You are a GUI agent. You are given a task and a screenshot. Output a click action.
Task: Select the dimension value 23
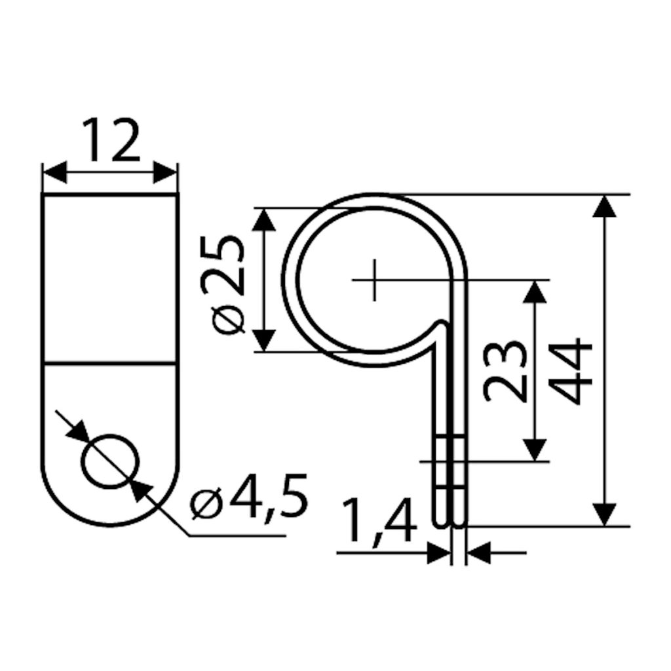[504, 372]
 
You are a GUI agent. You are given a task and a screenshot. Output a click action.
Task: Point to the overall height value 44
[571, 371]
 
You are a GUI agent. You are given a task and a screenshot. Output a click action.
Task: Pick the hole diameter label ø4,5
[249, 497]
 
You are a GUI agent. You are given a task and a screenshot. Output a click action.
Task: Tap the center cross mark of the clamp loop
[374, 280]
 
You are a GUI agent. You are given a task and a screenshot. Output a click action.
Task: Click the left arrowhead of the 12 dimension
[55, 172]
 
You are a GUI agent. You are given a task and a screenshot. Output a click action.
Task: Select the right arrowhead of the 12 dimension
[165, 172]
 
